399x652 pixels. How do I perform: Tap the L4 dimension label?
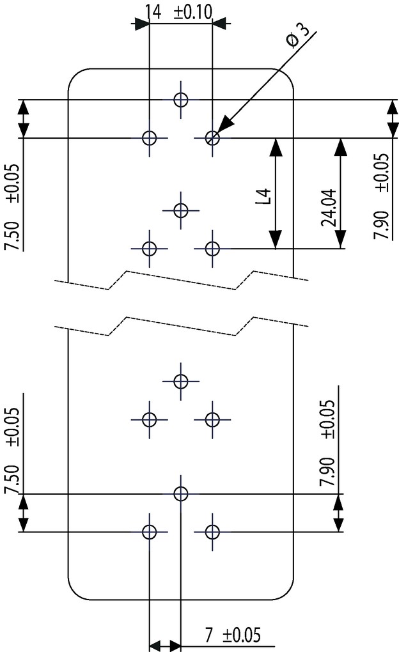point(263,196)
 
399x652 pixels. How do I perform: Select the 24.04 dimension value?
point(329,208)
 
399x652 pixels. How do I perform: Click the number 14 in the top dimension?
point(153,12)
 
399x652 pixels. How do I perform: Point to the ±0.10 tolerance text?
point(192,12)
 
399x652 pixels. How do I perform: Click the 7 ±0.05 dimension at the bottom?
point(233,635)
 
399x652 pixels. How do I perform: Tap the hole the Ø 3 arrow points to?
point(212,137)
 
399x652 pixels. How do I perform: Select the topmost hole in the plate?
point(180,100)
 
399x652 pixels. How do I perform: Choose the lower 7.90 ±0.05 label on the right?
point(327,444)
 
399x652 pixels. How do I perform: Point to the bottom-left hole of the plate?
point(149,531)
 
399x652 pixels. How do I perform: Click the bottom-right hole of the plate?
point(212,531)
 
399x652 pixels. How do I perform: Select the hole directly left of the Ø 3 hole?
point(149,137)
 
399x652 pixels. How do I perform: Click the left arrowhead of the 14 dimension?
point(140,24)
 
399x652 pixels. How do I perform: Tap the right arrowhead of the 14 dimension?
point(221,24)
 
